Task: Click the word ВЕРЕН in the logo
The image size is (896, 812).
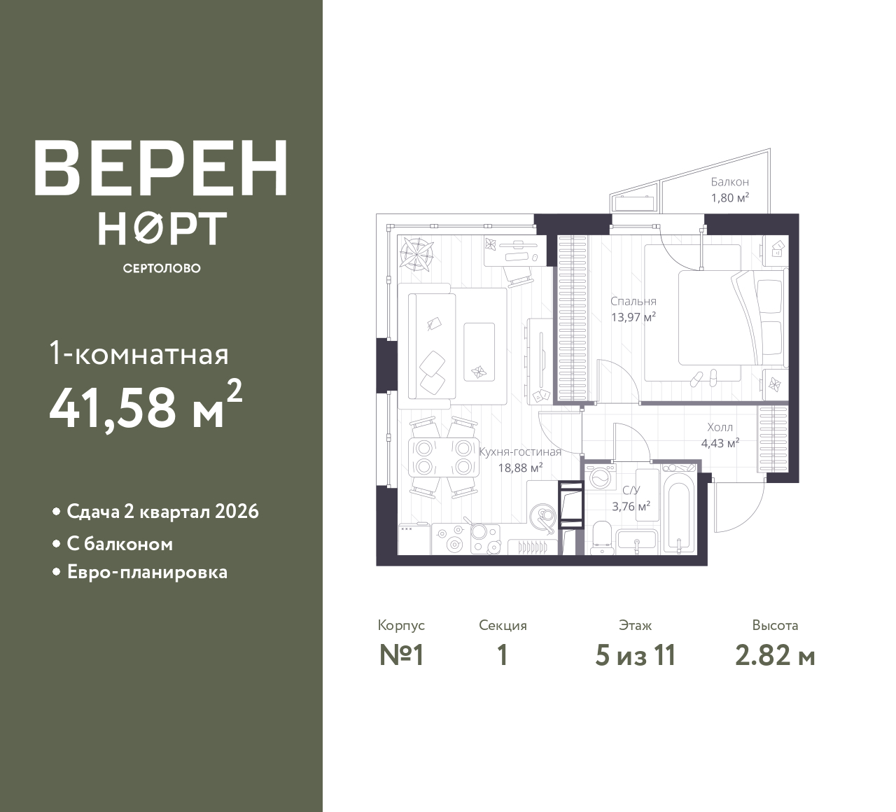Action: pos(161,168)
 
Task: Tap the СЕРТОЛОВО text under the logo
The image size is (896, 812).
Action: pos(162,268)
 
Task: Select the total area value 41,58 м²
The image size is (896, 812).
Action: pos(146,405)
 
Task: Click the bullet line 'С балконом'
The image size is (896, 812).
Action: pos(120,544)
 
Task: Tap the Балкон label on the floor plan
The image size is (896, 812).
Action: pos(730,182)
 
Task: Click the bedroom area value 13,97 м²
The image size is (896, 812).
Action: pos(633,317)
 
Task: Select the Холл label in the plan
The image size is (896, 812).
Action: pos(720,428)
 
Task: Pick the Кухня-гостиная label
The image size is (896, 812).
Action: pos(520,452)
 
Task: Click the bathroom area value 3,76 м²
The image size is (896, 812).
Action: pos(631,507)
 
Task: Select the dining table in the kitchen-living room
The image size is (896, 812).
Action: pos(444,457)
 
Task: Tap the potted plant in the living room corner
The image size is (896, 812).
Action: pos(416,254)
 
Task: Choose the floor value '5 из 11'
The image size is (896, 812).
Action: pos(635,656)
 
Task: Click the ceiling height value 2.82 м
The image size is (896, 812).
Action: pos(775,656)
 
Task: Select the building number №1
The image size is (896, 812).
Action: pos(401,656)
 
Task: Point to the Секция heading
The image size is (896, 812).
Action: pos(503,626)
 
